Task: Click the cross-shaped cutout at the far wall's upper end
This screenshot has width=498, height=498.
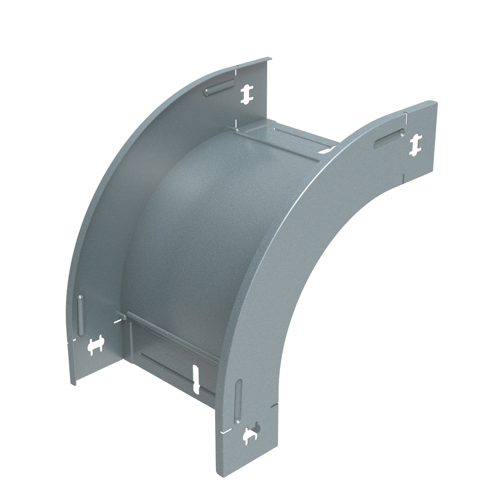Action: [x=247, y=94]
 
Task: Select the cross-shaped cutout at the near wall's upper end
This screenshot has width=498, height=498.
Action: [x=415, y=145]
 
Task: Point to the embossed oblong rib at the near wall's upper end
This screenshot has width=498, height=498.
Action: [x=389, y=139]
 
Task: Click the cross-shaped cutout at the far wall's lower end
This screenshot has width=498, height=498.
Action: [x=96, y=345]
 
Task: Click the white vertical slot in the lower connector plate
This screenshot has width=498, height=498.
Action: [x=196, y=379]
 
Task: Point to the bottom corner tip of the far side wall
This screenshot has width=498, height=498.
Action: [x=73, y=383]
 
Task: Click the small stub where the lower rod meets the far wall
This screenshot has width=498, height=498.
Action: [x=124, y=318]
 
